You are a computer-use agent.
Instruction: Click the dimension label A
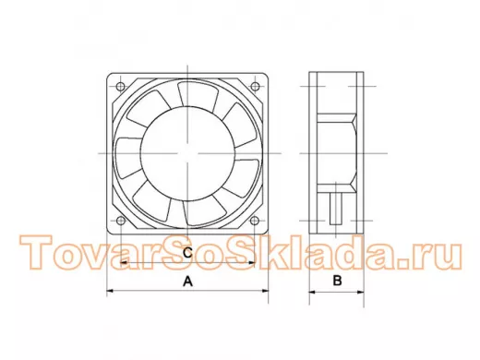click(187, 282)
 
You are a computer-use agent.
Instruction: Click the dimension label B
click(338, 281)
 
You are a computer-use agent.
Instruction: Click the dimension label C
click(187, 253)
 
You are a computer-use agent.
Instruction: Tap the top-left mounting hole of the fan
click(121, 87)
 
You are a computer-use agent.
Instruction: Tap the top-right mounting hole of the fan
click(255, 87)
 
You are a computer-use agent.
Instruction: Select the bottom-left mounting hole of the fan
click(121, 221)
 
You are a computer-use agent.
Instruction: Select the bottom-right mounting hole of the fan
click(255, 221)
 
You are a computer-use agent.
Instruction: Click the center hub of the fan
click(187, 153)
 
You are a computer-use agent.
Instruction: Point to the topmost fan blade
click(198, 96)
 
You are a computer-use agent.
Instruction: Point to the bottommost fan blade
click(204, 211)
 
